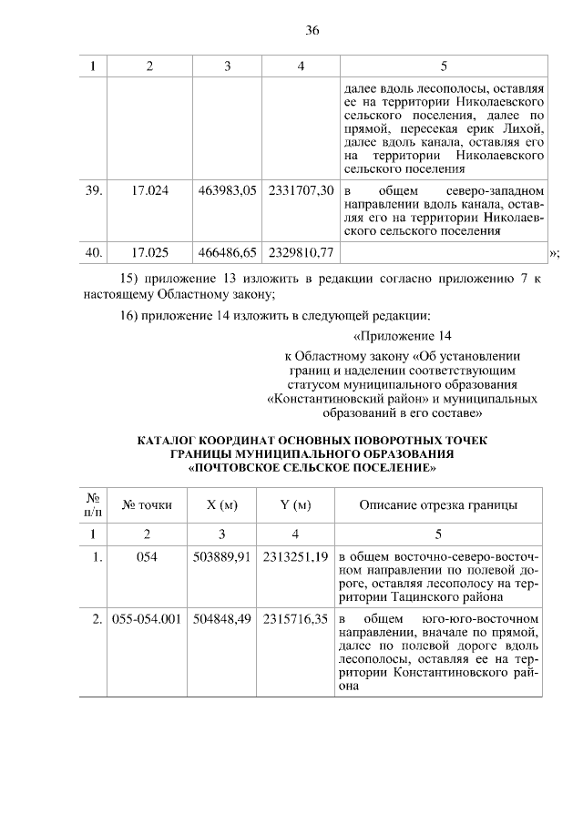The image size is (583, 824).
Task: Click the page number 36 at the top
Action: (312, 30)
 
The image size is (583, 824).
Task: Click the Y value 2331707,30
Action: (301, 192)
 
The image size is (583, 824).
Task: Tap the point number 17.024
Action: (149, 192)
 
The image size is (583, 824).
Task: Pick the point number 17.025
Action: (149, 251)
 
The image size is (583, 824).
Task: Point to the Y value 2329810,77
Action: (301, 251)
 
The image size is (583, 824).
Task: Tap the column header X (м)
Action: (222, 504)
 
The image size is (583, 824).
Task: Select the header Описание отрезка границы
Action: (439, 504)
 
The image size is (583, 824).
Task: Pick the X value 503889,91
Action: (222, 556)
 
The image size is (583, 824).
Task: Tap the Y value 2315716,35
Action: (296, 620)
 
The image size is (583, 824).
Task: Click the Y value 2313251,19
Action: (296, 556)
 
